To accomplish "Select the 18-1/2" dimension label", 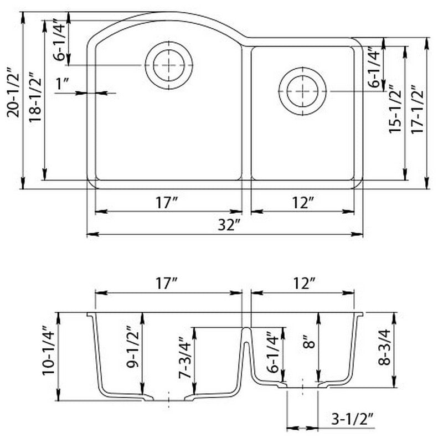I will pyautogui.click(x=34, y=100).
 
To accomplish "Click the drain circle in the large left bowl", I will pyautogui.click(x=169, y=65).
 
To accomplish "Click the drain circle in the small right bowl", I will pyautogui.click(x=303, y=92).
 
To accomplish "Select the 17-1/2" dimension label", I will pyautogui.click(x=416, y=111).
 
